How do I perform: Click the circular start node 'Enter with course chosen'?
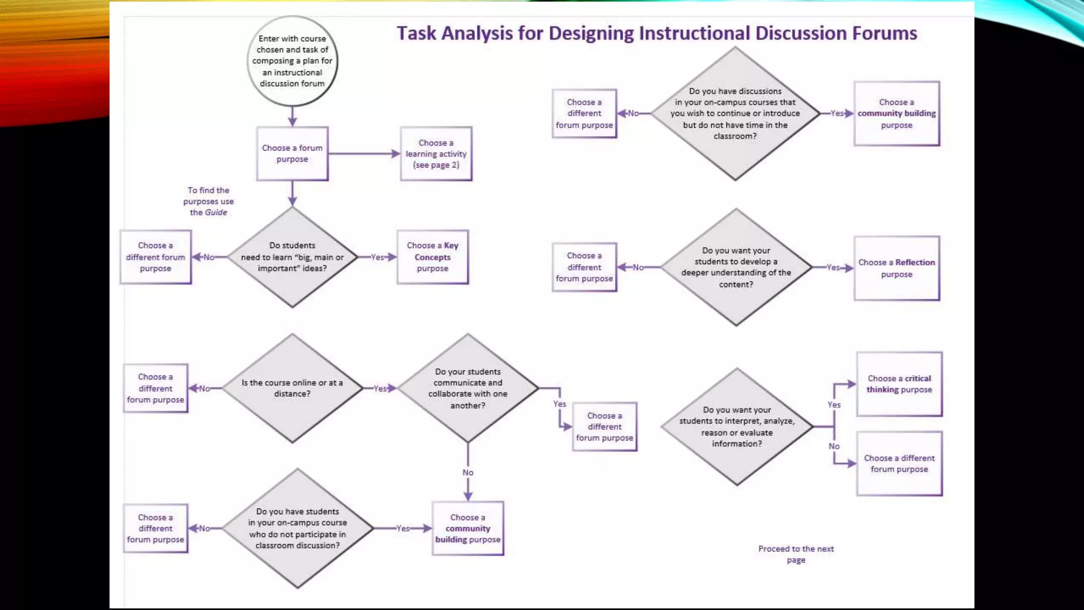(292, 61)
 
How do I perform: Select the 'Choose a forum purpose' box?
(292, 154)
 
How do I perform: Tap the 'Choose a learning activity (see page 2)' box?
(436, 154)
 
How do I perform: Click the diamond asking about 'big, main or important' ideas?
(292, 257)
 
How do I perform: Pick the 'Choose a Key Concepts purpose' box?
(432, 257)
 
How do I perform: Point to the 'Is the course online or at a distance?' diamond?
(292, 388)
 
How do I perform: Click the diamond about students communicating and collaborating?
(467, 388)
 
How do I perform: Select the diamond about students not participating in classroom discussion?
(297, 528)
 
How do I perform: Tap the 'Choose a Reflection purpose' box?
(897, 268)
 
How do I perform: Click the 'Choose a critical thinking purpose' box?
(899, 384)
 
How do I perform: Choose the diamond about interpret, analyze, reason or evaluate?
(737, 426)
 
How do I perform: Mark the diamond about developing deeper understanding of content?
(736, 267)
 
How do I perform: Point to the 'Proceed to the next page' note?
(796, 554)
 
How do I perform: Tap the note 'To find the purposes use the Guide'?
(209, 201)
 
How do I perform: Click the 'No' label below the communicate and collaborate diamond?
(468, 472)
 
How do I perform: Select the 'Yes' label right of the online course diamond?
(380, 389)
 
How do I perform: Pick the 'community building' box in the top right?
(897, 113)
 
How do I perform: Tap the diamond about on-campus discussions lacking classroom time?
(735, 113)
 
